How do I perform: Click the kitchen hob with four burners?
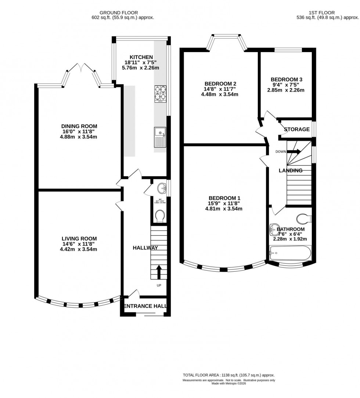pos(160,93)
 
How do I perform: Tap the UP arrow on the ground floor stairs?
pos(159,272)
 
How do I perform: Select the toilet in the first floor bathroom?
pos(305,218)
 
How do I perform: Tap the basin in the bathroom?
pos(274,230)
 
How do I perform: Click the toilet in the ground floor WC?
pos(160,216)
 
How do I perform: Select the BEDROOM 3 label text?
pos(287,79)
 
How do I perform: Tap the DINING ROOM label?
pos(80,126)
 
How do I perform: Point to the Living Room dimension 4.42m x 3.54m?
pos(80,250)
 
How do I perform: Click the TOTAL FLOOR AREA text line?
pos(229,375)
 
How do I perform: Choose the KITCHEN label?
pos(141,57)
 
